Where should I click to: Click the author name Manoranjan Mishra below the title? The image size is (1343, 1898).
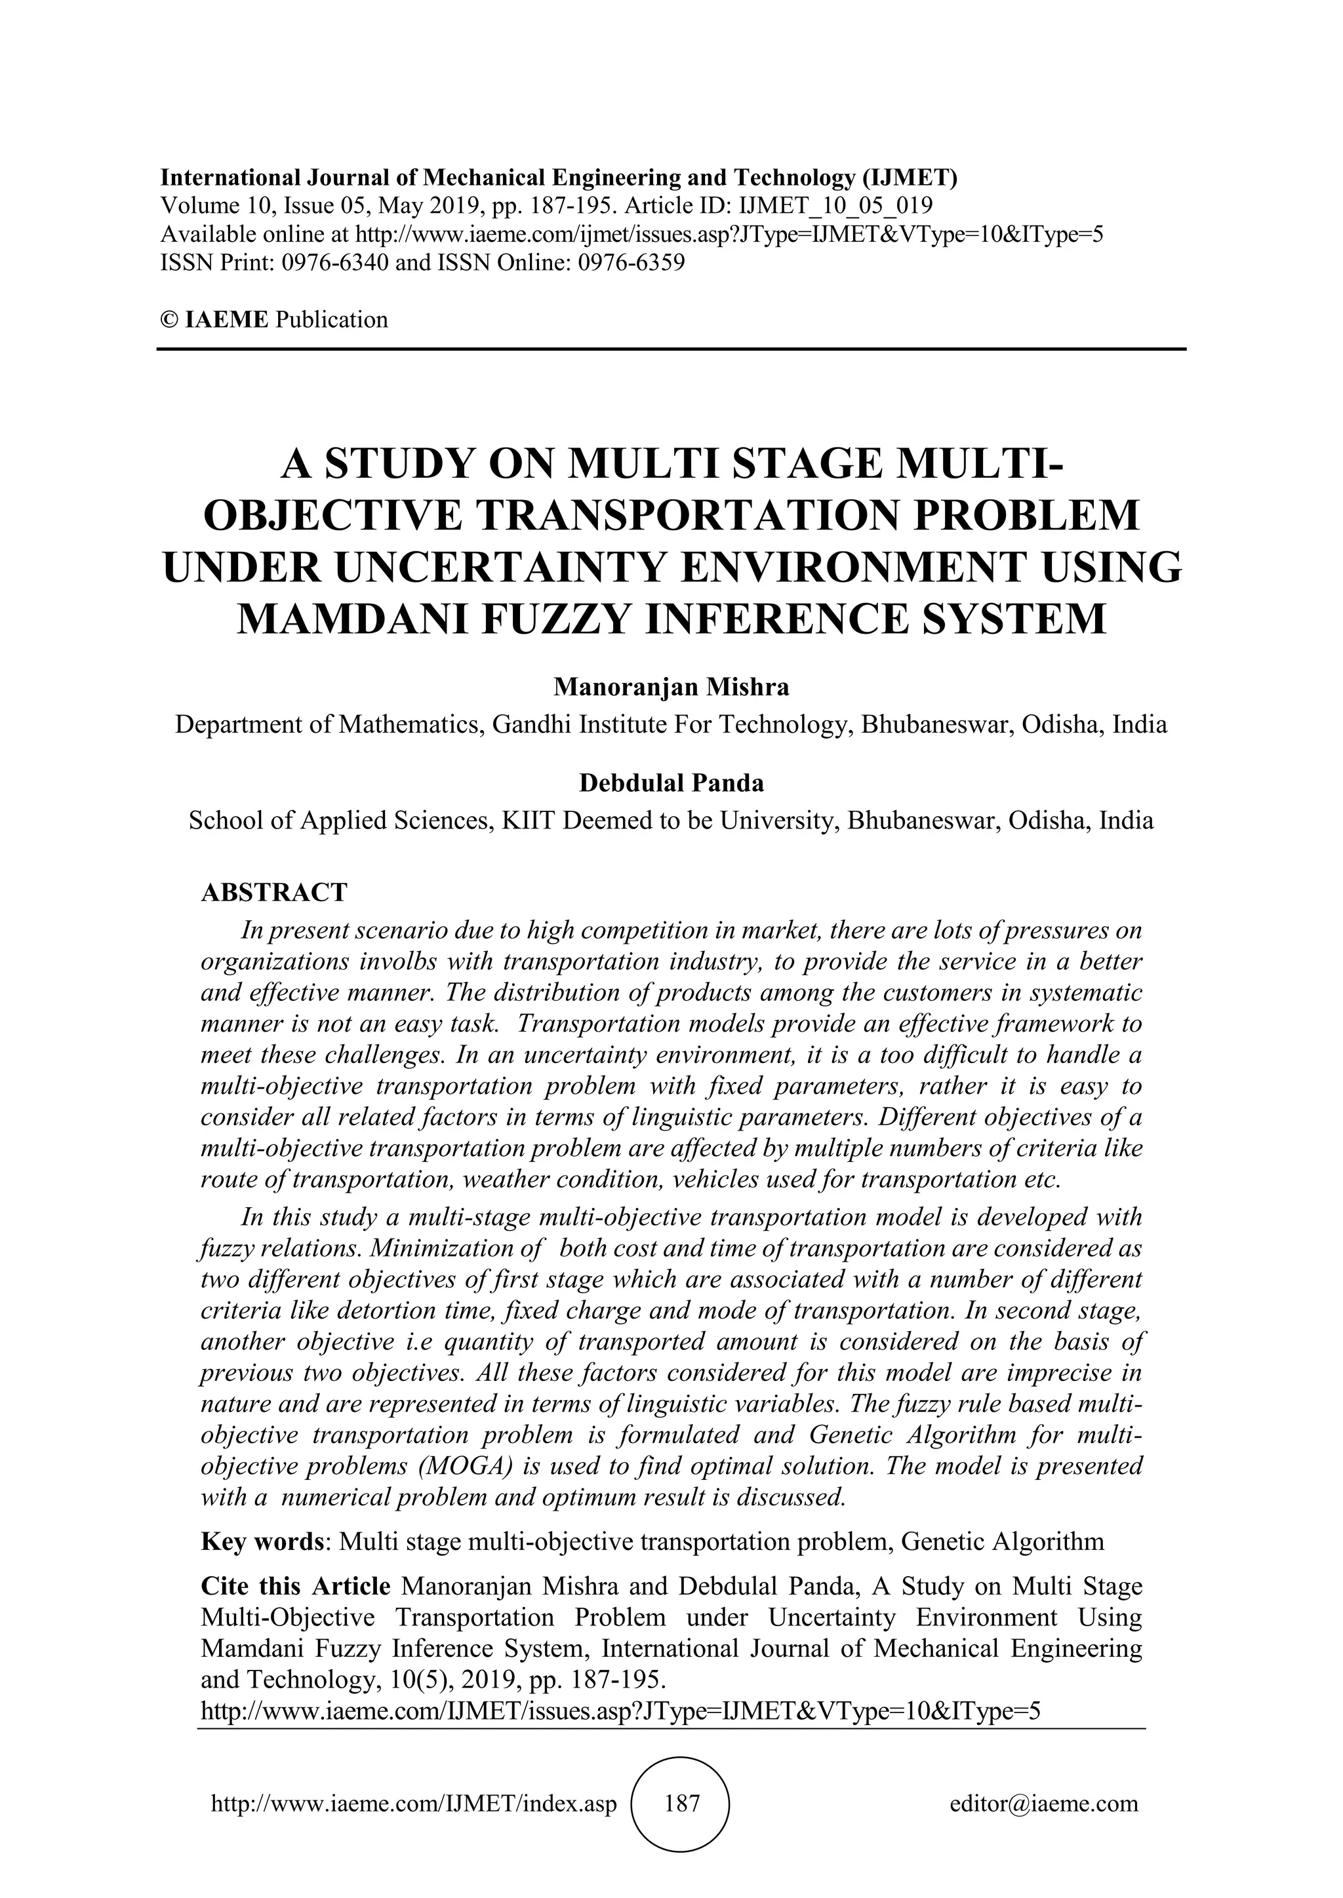[x=671, y=687]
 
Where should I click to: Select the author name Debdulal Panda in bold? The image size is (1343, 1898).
[x=671, y=782]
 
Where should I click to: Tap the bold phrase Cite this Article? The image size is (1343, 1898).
[x=295, y=1586]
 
